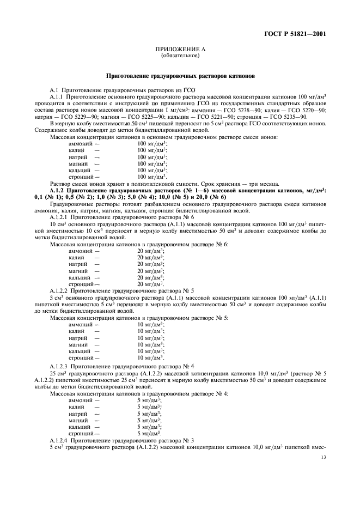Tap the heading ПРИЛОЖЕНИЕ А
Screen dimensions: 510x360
point(179,50)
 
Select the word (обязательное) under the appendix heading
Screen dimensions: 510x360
point(179,56)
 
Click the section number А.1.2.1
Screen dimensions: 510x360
point(58,216)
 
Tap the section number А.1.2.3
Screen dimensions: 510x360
point(58,367)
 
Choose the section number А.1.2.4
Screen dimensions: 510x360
point(58,439)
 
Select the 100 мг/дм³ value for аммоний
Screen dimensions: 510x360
point(152,143)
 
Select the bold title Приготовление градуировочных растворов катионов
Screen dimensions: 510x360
point(179,76)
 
